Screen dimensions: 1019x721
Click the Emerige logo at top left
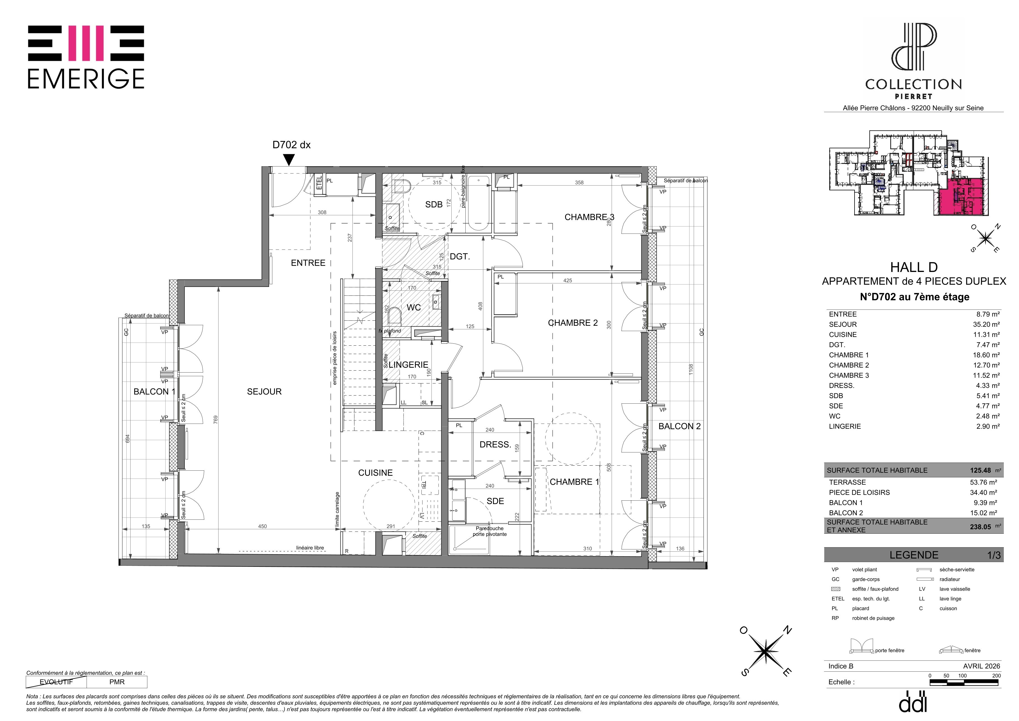[86, 57]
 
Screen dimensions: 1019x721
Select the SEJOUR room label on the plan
[264, 392]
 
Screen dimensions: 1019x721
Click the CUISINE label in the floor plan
[375, 473]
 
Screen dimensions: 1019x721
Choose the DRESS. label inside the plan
[495, 444]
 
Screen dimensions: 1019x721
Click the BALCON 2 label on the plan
[679, 426]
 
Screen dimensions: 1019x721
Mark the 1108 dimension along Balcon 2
[691, 370]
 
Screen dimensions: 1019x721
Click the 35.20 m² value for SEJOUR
[986, 325]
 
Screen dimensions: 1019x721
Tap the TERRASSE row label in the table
[847, 482]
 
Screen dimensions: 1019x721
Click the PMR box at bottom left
[117, 682]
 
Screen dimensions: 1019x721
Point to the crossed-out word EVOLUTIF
[56, 682]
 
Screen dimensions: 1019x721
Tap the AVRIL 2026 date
[982, 666]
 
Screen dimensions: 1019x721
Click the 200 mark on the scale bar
[996, 676]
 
